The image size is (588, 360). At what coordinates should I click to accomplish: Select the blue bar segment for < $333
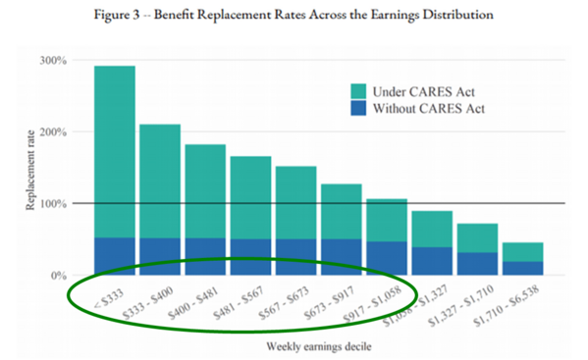(x=115, y=256)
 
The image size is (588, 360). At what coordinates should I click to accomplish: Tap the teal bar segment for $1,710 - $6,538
(x=523, y=251)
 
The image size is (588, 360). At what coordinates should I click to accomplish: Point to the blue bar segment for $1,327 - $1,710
(x=478, y=264)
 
